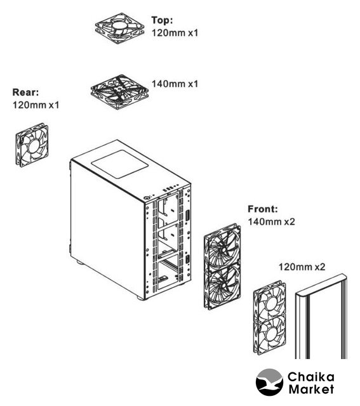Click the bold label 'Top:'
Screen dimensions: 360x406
coord(162,20)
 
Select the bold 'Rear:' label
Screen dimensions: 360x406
coord(25,92)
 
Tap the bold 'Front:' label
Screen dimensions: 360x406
coord(263,209)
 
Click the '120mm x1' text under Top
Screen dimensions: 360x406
coord(175,33)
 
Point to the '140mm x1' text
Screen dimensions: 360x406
coord(175,84)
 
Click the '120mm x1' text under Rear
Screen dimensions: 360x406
coord(36,105)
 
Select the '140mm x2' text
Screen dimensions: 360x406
coord(271,221)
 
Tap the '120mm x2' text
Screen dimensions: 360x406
coord(302,266)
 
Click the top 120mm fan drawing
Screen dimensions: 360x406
coord(119,28)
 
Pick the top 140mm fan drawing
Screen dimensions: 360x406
coord(119,92)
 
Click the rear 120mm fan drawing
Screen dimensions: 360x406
coord(32,145)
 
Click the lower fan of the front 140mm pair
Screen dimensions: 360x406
coord(223,287)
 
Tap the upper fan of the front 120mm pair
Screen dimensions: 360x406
coord(270,301)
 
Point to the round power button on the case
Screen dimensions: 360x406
coord(147,198)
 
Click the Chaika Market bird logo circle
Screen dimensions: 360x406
coord(269,383)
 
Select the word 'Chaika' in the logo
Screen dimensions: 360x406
coord(311,377)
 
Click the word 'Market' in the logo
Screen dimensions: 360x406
coord(311,389)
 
